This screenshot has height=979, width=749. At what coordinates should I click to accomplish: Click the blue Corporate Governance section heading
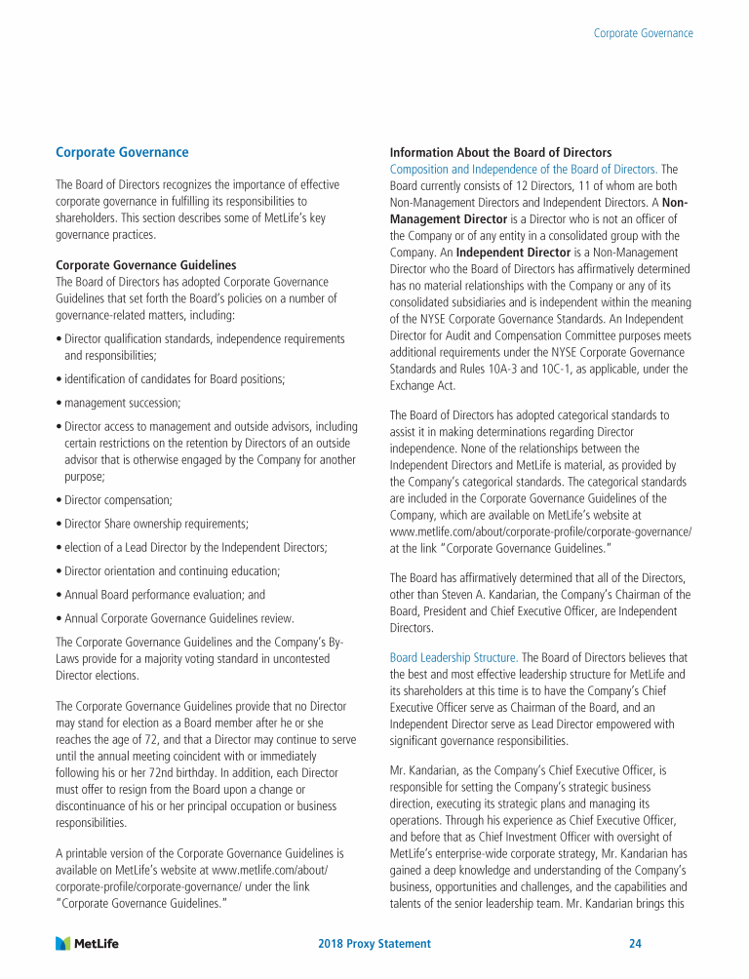point(122,153)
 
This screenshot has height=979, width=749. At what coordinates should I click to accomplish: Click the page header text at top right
point(644,33)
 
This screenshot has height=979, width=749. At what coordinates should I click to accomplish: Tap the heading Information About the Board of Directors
point(500,153)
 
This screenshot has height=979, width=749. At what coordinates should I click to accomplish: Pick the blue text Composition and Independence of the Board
point(522,170)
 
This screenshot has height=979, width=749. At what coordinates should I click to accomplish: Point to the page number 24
point(635,944)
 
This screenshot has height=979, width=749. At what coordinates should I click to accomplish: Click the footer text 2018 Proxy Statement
point(374,944)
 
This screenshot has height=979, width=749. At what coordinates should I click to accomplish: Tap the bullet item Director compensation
point(118,499)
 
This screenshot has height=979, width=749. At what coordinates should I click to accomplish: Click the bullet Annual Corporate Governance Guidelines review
point(178,618)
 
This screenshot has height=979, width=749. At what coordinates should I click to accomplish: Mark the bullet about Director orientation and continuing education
point(172,570)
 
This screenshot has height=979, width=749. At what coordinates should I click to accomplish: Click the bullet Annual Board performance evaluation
point(164,594)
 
